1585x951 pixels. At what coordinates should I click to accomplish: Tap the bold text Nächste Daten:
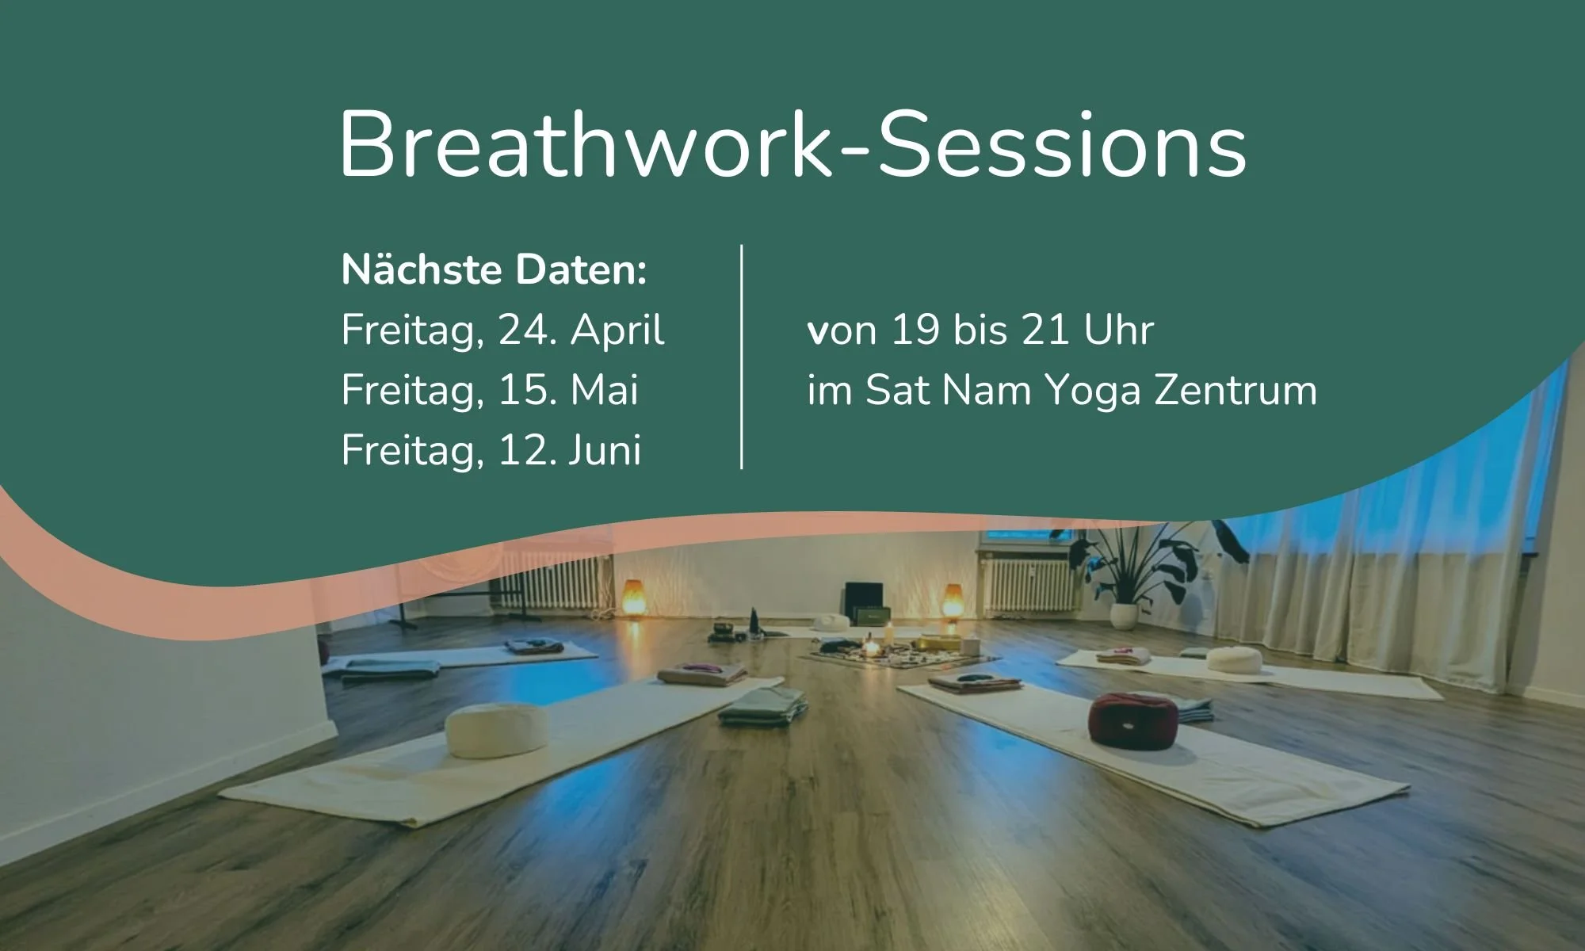click(494, 270)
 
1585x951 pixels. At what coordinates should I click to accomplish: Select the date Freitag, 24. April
click(502, 330)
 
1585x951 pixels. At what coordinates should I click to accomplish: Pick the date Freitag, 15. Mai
click(489, 390)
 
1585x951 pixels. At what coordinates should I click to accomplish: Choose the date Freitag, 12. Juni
click(491, 450)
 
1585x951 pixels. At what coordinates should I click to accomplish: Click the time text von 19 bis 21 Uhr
click(980, 330)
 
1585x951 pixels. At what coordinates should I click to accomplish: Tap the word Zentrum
click(1236, 390)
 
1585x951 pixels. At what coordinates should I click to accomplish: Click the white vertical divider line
click(742, 357)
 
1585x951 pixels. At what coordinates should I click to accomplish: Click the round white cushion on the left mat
click(496, 730)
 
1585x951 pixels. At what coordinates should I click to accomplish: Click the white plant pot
click(1124, 615)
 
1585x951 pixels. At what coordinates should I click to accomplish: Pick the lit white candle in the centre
click(889, 634)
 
